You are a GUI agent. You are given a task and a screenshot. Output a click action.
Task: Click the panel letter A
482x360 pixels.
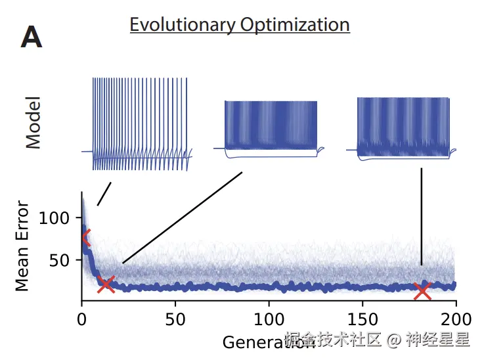(x=32, y=38)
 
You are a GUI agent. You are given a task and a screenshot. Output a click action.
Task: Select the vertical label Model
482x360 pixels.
(x=33, y=122)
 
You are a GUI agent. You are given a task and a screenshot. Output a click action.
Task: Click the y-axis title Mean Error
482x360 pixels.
(x=22, y=245)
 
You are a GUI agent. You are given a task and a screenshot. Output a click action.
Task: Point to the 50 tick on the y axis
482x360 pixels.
(x=60, y=260)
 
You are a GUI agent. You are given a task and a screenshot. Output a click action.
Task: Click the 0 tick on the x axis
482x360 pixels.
(x=82, y=320)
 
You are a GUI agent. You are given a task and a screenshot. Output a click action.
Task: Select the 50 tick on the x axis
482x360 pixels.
(x=175, y=320)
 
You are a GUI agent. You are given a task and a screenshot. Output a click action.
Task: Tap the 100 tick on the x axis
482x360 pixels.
(x=269, y=320)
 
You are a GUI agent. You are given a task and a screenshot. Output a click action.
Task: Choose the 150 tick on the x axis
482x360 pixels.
(x=362, y=320)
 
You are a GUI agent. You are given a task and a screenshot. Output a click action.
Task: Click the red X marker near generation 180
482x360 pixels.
(x=422, y=290)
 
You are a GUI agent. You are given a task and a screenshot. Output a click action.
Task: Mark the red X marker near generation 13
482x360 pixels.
(x=106, y=284)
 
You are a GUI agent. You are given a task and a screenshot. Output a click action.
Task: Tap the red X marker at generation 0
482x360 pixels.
(x=85, y=238)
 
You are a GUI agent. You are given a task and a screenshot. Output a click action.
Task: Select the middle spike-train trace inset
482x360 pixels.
(x=271, y=129)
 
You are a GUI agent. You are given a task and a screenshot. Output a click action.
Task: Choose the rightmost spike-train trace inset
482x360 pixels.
(x=403, y=127)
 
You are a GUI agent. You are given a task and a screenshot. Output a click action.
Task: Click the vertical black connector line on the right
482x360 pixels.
(x=422, y=217)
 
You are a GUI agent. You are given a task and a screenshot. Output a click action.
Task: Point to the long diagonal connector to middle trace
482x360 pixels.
(x=182, y=218)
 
